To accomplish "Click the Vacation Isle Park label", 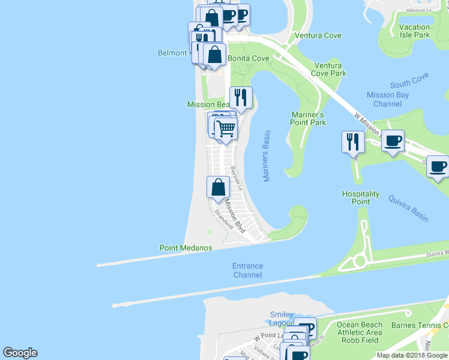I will tap(414, 31).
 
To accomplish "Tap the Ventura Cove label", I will tap(318, 35).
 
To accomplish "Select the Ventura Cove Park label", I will tap(328, 69).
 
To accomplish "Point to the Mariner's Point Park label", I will tap(308, 118).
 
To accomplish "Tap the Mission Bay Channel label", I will tap(384, 99).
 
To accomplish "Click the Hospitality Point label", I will tap(361, 198).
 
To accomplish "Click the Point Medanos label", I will tap(185, 248).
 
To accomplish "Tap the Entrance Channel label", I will tap(248, 270).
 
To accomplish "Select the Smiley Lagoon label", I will tap(282, 319).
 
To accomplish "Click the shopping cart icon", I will tap(226, 128).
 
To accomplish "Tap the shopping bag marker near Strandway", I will tap(217, 187).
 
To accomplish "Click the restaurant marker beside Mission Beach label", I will tap(241, 98).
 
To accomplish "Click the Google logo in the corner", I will tap(20, 353).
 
